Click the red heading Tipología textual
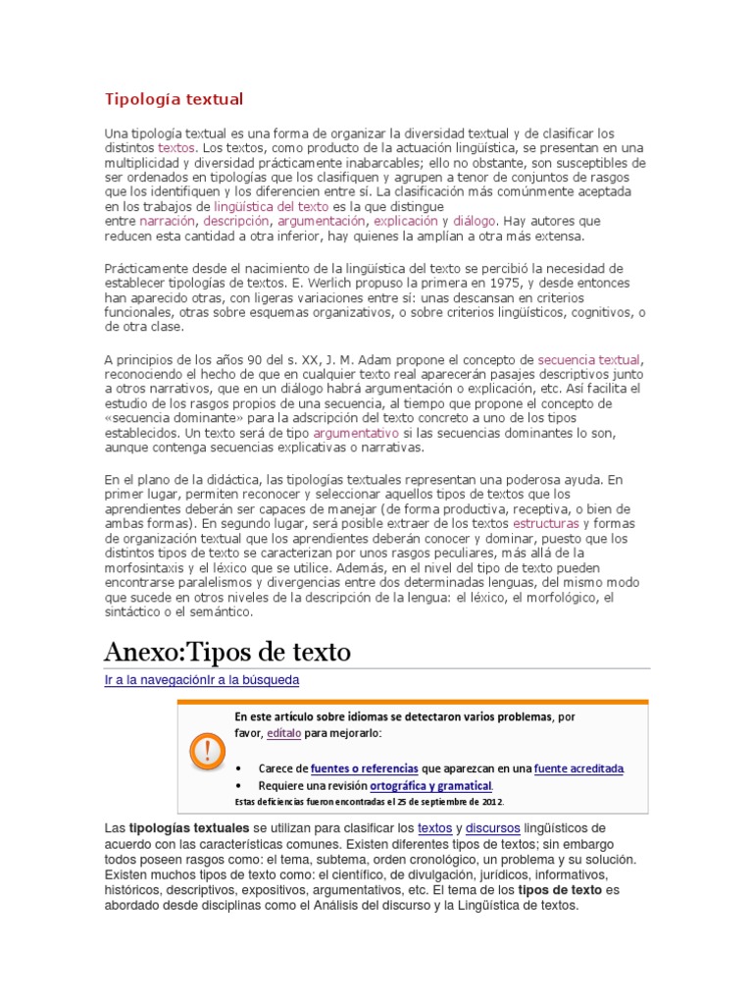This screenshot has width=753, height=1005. pyautogui.click(x=174, y=99)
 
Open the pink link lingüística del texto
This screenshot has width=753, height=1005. pyautogui.click(x=272, y=207)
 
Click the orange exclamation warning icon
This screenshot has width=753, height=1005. pyautogui.click(x=205, y=752)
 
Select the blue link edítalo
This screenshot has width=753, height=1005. pyautogui.click(x=283, y=732)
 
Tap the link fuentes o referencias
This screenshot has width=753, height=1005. pyautogui.click(x=364, y=768)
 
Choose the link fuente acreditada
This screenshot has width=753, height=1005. pyautogui.click(x=578, y=768)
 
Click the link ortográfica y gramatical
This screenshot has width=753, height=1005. pyautogui.click(x=429, y=786)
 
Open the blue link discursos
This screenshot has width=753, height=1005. pyautogui.click(x=493, y=829)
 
